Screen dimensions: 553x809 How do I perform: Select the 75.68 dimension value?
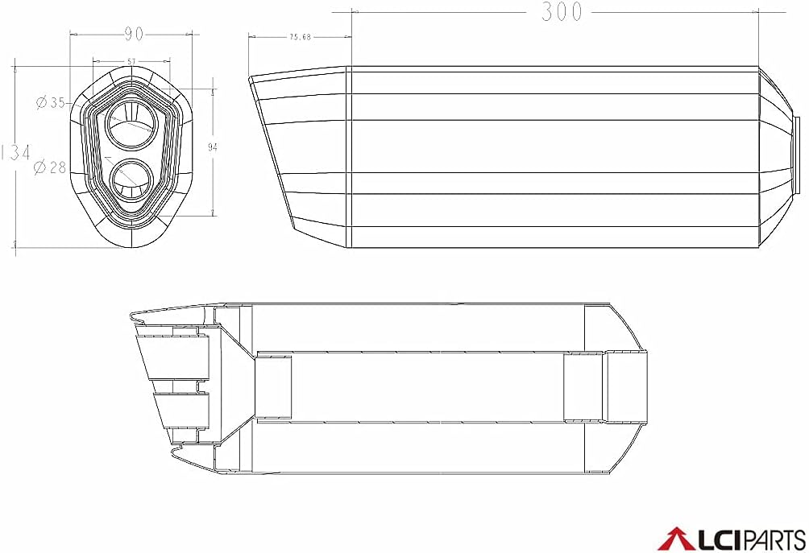click(300, 36)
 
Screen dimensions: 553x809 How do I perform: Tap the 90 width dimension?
click(134, 34)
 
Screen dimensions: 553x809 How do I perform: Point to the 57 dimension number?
click(132, 61)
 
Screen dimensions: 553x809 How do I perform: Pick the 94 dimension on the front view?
click(213, 147)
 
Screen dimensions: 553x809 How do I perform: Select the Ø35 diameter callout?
click(51, 102)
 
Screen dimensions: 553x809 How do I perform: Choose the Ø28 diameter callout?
click(50, 167)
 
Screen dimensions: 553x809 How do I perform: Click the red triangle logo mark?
click(674, 539)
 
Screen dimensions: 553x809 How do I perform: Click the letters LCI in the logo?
click(711, 539)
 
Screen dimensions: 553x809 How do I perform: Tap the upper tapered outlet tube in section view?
click(173, 357)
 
